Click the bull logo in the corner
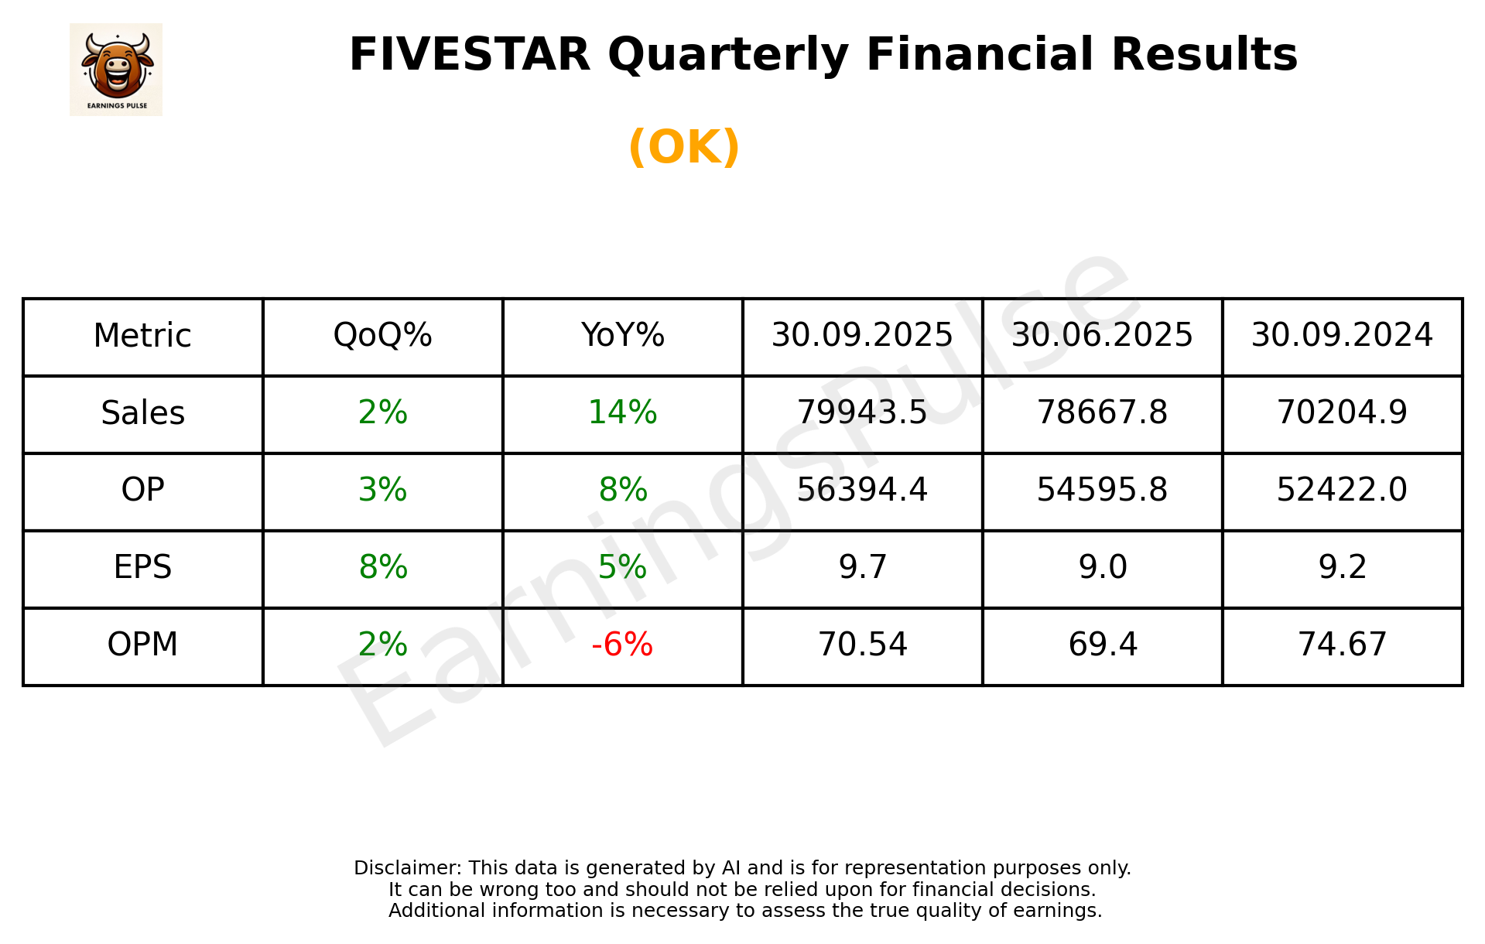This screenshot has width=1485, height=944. (x=116, y=70)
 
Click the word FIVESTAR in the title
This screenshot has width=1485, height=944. (x=470, y=55)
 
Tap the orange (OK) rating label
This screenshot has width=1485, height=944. (x=684, y=147)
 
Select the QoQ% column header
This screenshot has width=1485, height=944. (x=382, y=336)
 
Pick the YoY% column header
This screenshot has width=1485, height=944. (x=622, y=336)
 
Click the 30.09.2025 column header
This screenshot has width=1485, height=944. (x=862, y=336)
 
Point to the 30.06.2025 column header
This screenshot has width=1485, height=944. (x=1102, y=336)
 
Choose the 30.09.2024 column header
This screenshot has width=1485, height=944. (x=1342, y=336)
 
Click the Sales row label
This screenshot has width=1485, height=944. (x=143, y=413)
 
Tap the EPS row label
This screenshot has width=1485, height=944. (x=143, y=568)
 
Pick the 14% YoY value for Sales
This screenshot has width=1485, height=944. (x=622, y=413)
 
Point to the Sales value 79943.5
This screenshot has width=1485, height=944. (x=862, y=413)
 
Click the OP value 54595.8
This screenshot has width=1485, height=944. (x=1102, y=491)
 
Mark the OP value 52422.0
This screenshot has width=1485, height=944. (x=1342, y=491)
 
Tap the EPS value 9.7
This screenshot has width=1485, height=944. (x=862, y=568)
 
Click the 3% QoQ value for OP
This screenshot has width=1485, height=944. (x=382, y=491)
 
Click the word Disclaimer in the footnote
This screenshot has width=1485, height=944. (x=407, y=868)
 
